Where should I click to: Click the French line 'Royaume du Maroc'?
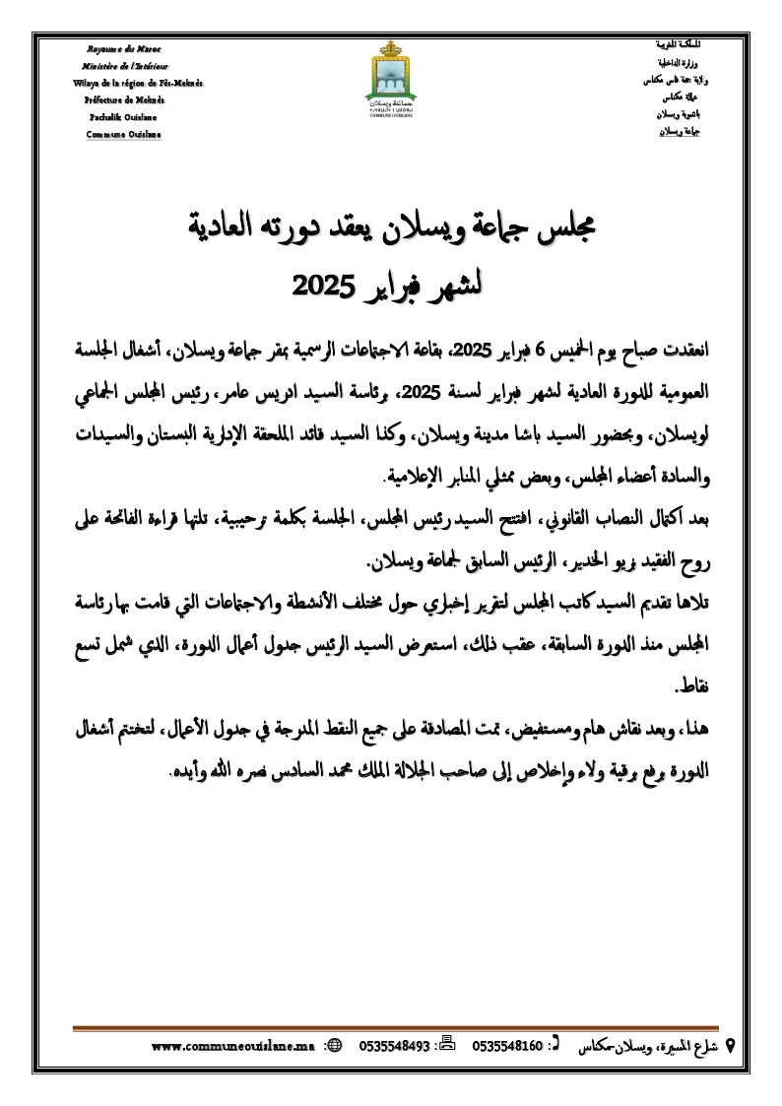pyautogui.click(x=124, y=49)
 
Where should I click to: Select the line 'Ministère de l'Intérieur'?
pyautogui.click(x=124, y=66)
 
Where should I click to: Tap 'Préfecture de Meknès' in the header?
pyautogui.click(x=124, y=99)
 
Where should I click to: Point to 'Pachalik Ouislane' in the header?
pyautogui.click(x=124, y=116)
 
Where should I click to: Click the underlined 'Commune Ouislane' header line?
pyautogui.click(x=124, y=134)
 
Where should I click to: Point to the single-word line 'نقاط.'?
pyautogui.click(x=690, y=683)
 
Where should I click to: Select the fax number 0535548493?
pyautogui.click(x=395, y=1046)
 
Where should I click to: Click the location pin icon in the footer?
pyautogui.click(x=730, y=1045)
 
